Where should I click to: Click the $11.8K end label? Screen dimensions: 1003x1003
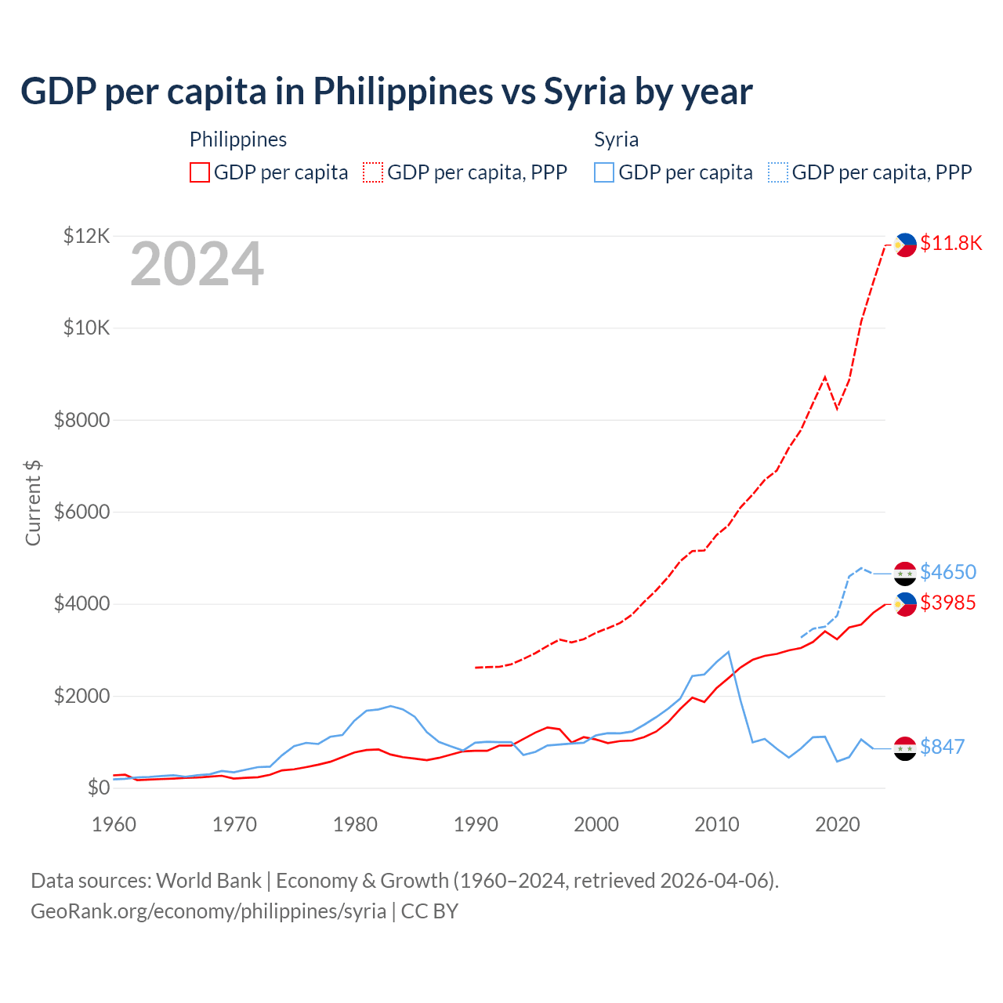click(950, 243)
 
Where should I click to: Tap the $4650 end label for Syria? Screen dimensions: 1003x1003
click(948, 572)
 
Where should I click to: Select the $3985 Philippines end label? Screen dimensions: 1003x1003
click(948, 603)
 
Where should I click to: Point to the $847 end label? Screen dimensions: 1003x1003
click(942, 747)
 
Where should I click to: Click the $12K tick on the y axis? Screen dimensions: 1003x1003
click(86, 236)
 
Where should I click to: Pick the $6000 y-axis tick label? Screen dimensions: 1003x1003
click(81, 512)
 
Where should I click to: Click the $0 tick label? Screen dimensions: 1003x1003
click(98, 788)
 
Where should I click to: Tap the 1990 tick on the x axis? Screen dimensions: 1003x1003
click(476, 824)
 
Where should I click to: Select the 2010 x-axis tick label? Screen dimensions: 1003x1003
click(717, 824)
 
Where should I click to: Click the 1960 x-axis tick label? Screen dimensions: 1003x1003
click(114, 824)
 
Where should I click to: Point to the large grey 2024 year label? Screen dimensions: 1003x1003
click(197, 264)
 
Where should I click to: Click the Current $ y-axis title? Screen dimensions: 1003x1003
click(33, 503)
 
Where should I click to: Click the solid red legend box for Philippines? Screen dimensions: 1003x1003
click(200, 172)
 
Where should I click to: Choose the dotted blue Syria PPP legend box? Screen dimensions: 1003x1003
click(778, 172)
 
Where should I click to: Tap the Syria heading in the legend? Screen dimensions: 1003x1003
click(616, 139)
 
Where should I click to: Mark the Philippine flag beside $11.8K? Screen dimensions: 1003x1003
click(905, 244)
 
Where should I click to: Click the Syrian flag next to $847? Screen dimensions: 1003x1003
click(905, 748)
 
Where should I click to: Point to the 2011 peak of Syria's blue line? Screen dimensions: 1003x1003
click(729, 651)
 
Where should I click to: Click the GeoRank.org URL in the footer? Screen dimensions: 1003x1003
click(208, 911)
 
